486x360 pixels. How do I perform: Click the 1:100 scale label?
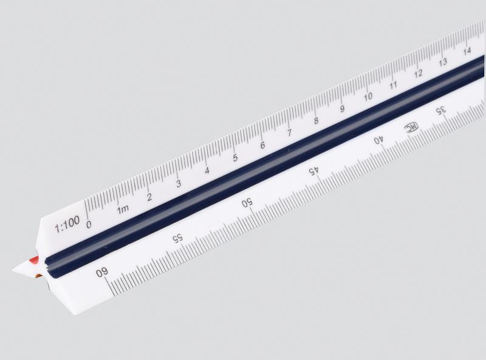pos(67,228)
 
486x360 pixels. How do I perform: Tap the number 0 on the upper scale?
pos(89,224)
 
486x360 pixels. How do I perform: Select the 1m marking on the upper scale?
pos(123,209)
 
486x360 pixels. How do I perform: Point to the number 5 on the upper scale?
pos(235,158)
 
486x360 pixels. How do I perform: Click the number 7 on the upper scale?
pos(289,133)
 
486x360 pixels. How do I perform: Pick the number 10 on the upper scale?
pos(368,97)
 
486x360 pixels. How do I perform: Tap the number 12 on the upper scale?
pos(419,73)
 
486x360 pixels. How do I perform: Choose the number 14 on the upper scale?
pos(467,51)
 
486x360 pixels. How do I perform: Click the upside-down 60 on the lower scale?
pos(101,273)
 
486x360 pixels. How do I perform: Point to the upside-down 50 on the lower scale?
pos(247,204)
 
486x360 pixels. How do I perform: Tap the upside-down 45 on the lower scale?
pos(313,172)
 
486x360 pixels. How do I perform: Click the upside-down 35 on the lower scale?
pos(441,110)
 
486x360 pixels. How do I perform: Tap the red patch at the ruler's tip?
pos(35,260)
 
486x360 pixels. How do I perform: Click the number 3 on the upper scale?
pos(179,183)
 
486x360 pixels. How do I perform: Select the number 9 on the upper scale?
pos(343,109)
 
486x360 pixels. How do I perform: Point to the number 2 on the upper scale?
pos(149,197)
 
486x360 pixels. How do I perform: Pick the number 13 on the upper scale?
pos(443,62)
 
